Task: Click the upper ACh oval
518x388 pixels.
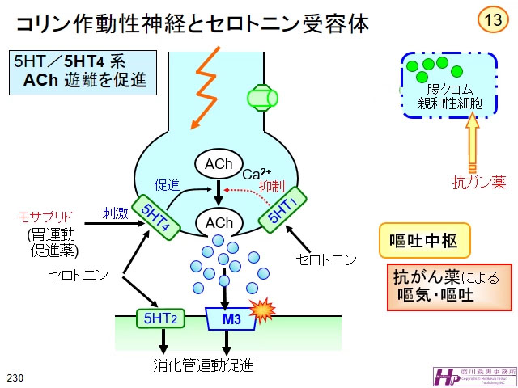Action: tap(219, 165)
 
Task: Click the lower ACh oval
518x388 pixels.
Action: tap(219, 222)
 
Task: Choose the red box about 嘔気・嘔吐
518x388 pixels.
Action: tap(450, 285)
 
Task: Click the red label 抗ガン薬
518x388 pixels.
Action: tap(479, 183)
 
